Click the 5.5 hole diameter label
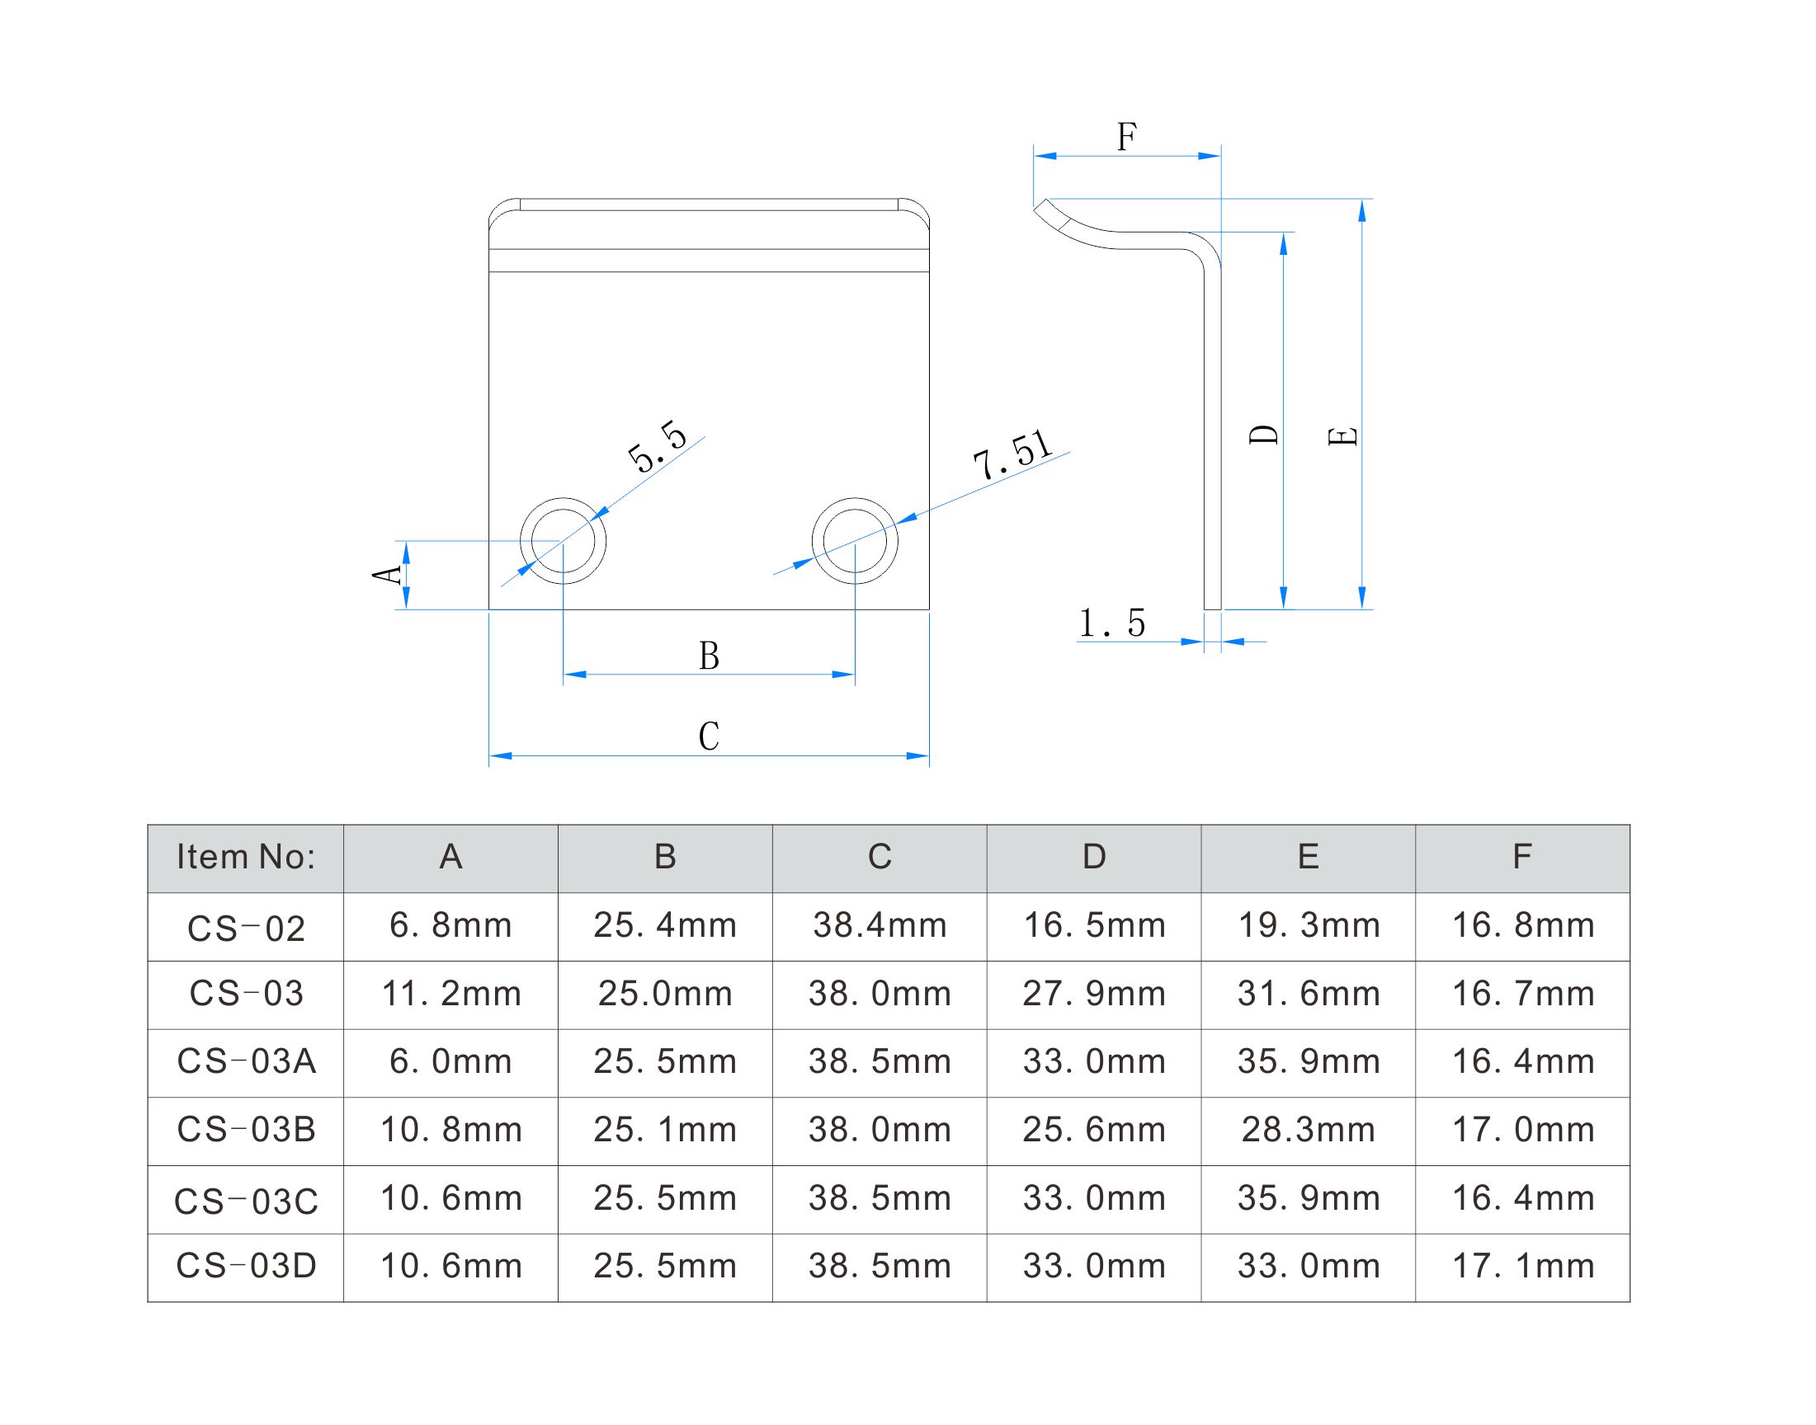658,448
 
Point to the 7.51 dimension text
1012,455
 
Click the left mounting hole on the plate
564,542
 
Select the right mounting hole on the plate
855,542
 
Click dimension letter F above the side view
1127,137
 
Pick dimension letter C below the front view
709,736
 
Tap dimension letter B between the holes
709,656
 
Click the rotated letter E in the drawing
1342,435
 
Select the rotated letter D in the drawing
1263,435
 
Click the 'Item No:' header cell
245,858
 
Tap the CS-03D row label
245,1267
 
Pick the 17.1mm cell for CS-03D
1523,1267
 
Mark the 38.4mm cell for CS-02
880,926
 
